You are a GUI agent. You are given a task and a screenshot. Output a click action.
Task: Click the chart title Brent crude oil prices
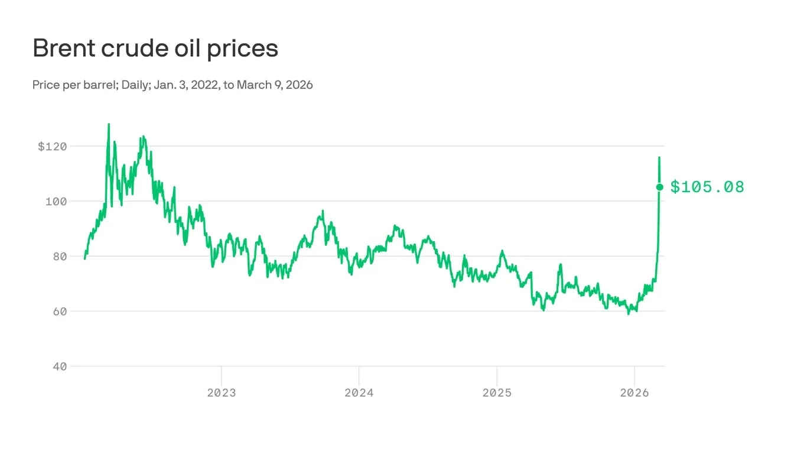click(x=155, y=48)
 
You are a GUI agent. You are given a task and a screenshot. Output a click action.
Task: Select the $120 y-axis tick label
click(x=52, y=146)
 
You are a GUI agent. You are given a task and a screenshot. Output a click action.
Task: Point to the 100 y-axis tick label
click(x=56, y=201)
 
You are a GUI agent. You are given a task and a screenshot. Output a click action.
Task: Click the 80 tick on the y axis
click(x=60, y=256)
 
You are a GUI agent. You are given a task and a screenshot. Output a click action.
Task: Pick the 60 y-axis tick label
click(x=60, y=311)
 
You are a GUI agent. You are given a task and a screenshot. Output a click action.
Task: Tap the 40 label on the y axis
click(x=60, y=366)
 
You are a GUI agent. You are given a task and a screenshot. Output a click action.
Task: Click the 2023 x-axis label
click(x=221, y=393)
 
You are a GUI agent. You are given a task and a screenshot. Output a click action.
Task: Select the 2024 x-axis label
click(x=359, y=393)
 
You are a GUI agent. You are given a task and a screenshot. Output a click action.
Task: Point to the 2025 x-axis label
click(x=496, y=393)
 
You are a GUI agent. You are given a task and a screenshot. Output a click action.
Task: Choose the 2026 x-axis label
click(x=634, y=393)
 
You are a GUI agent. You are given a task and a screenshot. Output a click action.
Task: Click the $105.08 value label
click(x=707, y=187)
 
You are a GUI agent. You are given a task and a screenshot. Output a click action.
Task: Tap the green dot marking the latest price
click(x=660, y=187)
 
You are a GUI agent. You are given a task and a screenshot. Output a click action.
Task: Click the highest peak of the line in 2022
click(x=109, y=124)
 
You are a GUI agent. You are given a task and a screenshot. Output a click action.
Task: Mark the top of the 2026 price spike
click(x=659, y=157)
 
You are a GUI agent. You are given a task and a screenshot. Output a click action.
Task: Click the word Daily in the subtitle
click(x=136, y=85)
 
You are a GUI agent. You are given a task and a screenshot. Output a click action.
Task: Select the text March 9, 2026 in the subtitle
click(x=275, y=85)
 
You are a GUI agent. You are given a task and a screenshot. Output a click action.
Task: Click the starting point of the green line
click(x=84, y=258)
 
